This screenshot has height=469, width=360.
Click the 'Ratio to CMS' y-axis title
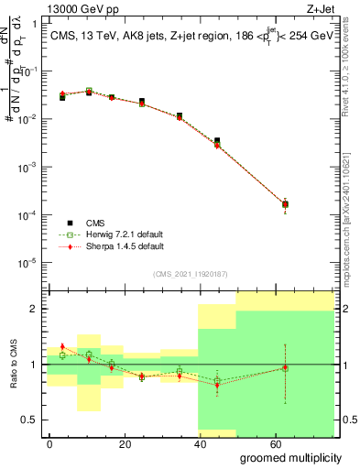pyautogui.click(x=12, y=365)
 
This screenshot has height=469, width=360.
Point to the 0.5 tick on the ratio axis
pyautogui.click(x=34, y=420)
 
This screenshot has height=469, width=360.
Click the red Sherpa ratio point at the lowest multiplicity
pyautogui.click(x=62, y=346)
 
